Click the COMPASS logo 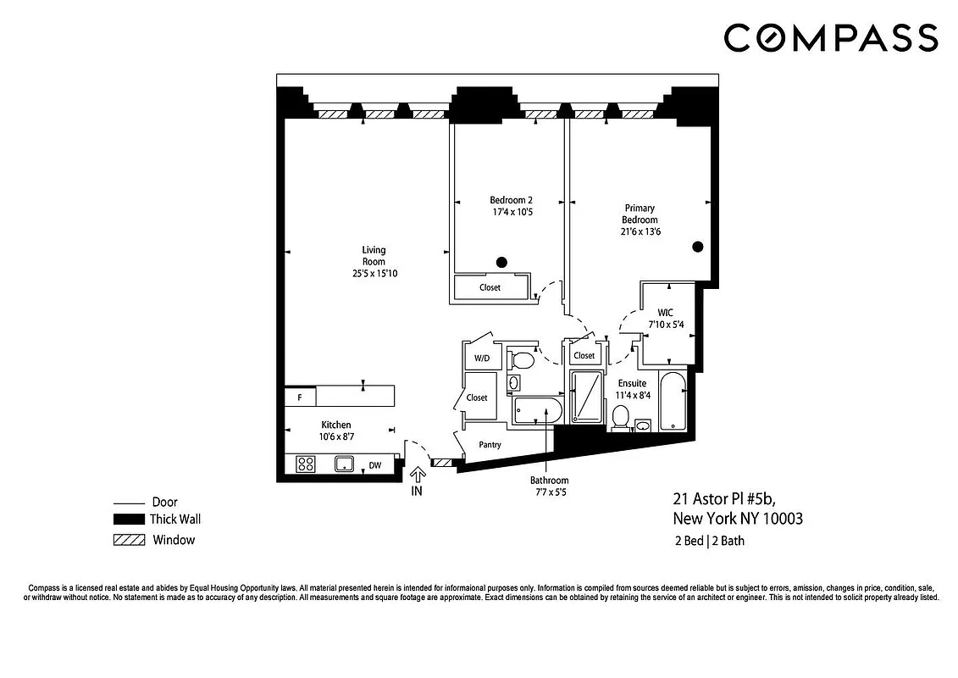click(831, 38)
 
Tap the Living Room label click(374, 256)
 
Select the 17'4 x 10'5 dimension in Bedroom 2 click(511, 212)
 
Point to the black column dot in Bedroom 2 click(501, 262)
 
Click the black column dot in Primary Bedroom click(698, 247)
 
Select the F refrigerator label click(299, 397)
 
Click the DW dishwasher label click(374, 465)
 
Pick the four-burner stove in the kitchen click(306, 464)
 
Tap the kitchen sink click(344, 464)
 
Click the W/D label click(481, 358)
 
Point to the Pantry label click(490, 445)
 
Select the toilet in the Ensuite click(621, 416)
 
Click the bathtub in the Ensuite click(673, 400)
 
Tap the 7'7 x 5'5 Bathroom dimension click(551, 492)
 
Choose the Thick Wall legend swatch click(129, 520)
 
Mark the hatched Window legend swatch click(129, 540)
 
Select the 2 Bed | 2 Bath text click(709, 541)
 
